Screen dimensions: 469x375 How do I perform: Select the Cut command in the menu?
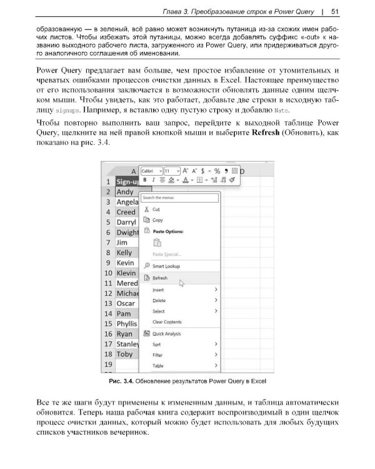coord(156,209)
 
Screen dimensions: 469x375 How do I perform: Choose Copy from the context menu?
coord(157,220)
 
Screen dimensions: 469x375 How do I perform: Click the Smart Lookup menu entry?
coord(166,266)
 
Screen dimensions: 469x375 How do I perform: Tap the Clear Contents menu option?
coord(167,322)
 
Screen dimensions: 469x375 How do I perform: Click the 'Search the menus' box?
coord(181,198)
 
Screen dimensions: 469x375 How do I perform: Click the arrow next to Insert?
coord(216,290)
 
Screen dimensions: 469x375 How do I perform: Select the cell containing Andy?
coord(125,192)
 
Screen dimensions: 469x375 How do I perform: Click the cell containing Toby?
coord(125,354)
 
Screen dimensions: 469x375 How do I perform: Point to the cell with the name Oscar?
coord(126,303)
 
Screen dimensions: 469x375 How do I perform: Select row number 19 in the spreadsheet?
coord(107,364)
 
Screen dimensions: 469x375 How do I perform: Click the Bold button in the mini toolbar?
coord(144,180)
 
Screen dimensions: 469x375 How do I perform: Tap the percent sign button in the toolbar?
coord(216,171)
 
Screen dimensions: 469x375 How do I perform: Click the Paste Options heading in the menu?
coord(167,231)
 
